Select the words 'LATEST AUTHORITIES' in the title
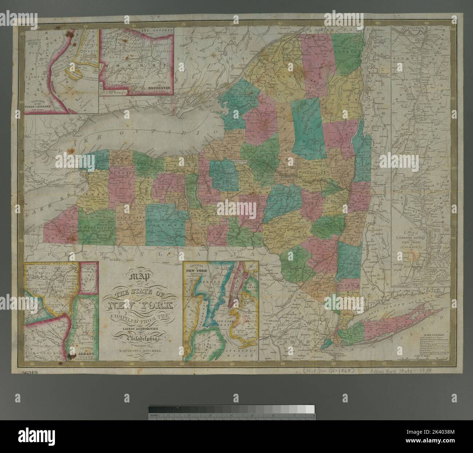click(140, 329)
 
